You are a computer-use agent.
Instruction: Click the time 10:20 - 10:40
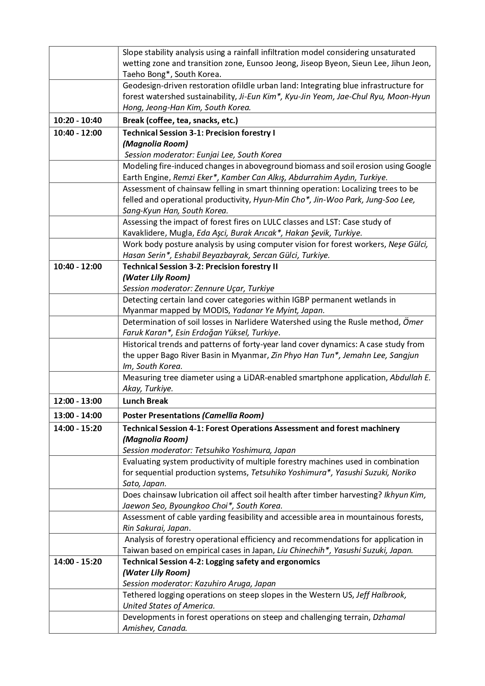pos(77,120)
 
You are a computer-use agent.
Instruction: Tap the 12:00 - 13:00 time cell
pos(77,401)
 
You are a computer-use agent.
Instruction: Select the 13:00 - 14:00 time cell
pos(77,416)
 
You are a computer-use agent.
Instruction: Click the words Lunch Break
pos(145,401)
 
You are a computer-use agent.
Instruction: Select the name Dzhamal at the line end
pos(388,617)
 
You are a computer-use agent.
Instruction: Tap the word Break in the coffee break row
pos(133,120)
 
